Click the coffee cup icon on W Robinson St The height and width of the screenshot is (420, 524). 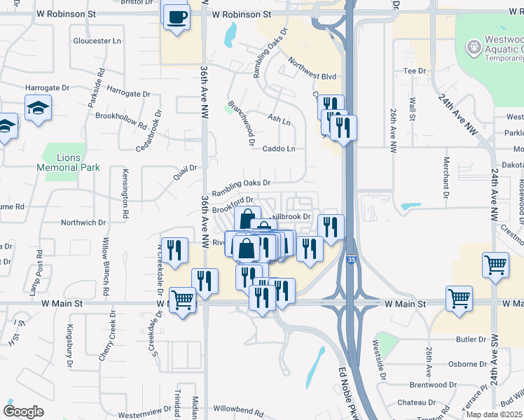click(x=176, y=15)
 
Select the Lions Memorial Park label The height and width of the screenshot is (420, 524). click(x=69, y=162)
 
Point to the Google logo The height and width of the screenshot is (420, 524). click(x=22, y=412)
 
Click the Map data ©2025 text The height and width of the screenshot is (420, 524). click(x=495, y=414)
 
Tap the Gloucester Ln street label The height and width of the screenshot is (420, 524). click(x=97, y=41)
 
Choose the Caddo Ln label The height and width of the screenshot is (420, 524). click(x=279, y=148)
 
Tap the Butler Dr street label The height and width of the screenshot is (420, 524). click(x=471, y=339)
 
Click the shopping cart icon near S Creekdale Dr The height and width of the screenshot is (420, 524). click(x=183, y=300)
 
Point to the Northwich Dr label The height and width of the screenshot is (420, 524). click(x=83, y=223)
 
